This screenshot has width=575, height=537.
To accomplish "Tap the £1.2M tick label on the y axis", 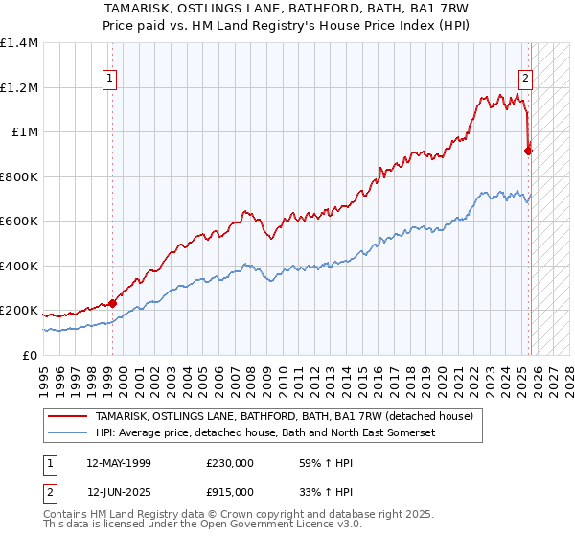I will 18,87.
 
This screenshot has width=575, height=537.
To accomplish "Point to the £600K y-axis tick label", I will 18,221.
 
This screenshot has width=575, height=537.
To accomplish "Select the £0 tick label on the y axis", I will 29,355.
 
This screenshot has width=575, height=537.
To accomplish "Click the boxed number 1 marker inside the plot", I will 111,80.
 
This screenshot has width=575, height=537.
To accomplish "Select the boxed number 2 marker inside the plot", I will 526,80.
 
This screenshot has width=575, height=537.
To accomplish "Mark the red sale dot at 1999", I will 113,303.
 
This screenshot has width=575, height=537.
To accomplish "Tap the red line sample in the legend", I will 68,417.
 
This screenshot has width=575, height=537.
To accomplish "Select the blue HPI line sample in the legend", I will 68,433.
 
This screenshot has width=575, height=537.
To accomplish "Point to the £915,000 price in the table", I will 230,490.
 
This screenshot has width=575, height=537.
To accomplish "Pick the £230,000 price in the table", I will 230,463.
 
